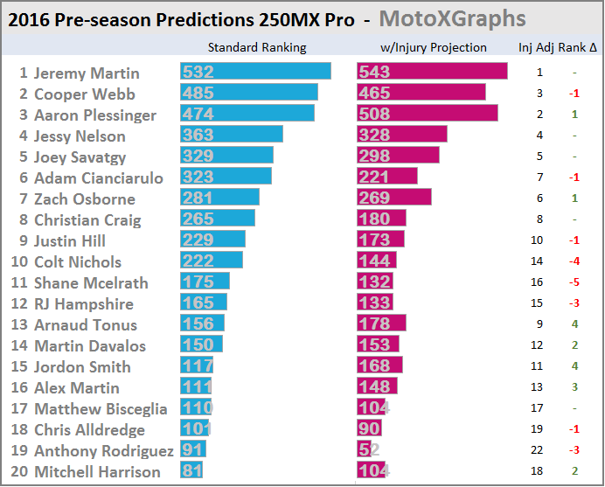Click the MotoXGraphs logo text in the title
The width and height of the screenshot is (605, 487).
click(x=452, y=18)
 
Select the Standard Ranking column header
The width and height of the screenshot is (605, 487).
click(x=257, y=47)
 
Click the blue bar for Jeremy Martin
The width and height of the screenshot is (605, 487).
click(x=255, y=73)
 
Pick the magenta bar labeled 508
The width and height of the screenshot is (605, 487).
click(x=427, y=115)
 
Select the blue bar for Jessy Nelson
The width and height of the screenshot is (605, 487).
click(x=231, y=136)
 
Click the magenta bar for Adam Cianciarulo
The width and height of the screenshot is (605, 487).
click(x=386, y=177)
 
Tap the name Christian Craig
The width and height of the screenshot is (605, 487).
click(x=87, y=219)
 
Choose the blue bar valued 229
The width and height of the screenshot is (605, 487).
click(x=212, y=240)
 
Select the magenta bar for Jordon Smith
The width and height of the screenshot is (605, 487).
click(x=379, y=366)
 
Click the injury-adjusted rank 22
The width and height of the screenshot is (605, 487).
click(x=539, y=450)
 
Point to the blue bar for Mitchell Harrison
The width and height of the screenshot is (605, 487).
click(x=191, y=471)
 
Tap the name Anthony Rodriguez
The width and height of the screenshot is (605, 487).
click(x=103, y=450)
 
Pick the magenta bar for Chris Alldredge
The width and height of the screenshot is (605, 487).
click(x=369, y=429)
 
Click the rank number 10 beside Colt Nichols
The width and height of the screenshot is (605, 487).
click(x=19, y=261)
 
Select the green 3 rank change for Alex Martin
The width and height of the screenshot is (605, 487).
click(x=574, y=387)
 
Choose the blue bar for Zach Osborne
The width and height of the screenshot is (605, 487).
click(x=219, y=198)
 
